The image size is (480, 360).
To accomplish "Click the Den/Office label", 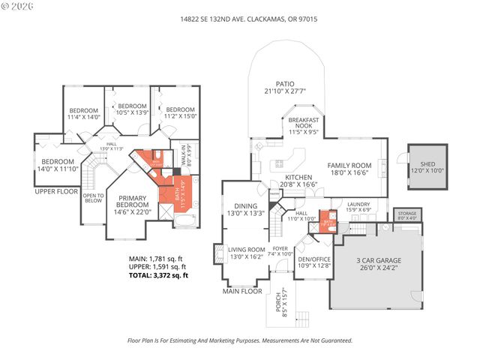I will pyautogui.click(x=313, y=260).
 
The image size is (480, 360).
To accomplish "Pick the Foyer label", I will pyautogui.click(x=279, y=251).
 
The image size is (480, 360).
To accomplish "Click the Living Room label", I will pyautogui.click(x=246, y=253).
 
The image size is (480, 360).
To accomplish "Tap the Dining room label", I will pyautogui.click(x=246, y=209).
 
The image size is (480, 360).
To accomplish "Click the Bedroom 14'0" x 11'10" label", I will pyautogui.click(x=58, y=166).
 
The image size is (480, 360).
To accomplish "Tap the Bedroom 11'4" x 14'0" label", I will pyautogui.click(x=82, y=114).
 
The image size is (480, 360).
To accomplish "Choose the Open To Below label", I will pyautogui.click(x=93, y=198).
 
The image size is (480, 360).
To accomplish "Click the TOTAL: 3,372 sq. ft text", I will pyautogui.click(x=158, y=275).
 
